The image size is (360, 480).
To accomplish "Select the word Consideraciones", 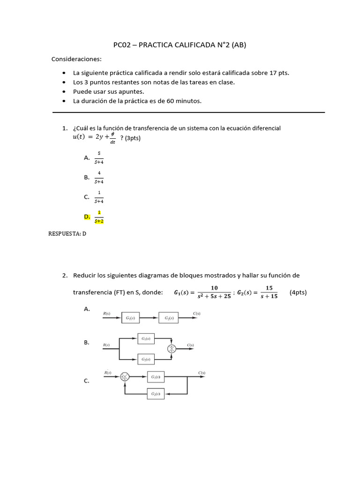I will pos(76,59).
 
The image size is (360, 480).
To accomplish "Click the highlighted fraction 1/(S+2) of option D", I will pos(99,217).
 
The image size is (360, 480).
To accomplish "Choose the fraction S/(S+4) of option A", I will pos(99,157).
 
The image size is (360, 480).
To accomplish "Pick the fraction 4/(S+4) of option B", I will pos(99,177).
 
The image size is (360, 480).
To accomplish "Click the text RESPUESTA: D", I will pos(67,233).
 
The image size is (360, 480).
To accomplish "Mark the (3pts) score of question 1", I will pos(130,138).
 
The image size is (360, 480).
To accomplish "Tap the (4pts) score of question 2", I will pos(298,292).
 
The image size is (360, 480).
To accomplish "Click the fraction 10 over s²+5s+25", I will pos(214,292).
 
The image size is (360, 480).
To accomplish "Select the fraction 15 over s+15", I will pos(269,292).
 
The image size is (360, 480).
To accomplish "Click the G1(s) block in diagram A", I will pos(130,318).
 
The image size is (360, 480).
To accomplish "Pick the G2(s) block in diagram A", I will pos(169,318).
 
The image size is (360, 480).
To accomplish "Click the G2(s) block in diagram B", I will pos(146,360).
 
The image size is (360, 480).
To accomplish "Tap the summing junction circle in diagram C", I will pos(124,376).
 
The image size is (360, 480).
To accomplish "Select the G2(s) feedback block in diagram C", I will pos(156,394).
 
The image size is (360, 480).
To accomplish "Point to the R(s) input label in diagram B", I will pos(106,345).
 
